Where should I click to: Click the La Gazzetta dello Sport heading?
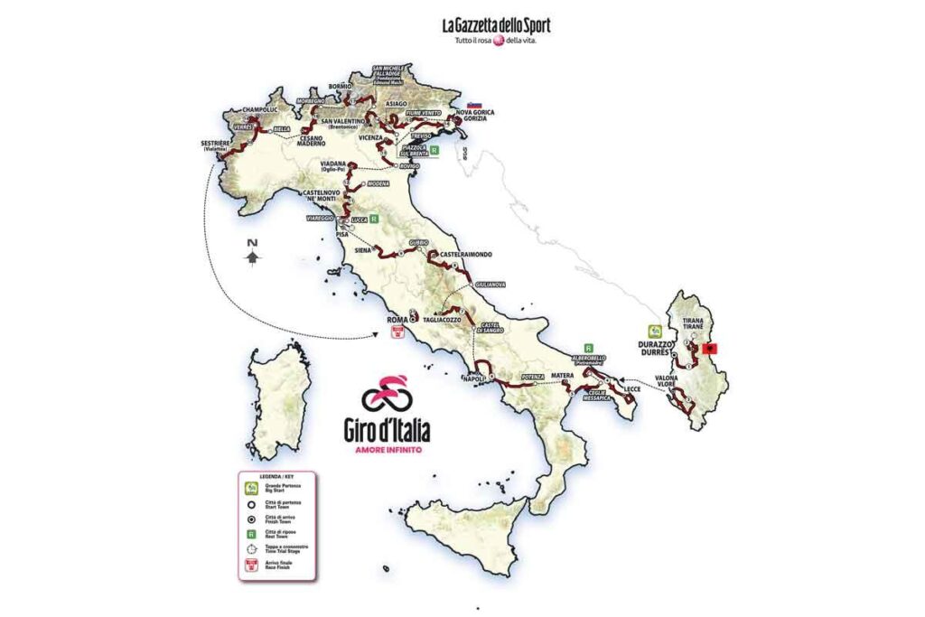[x=495, y=25]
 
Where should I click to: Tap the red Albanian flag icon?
[x=719, y=348]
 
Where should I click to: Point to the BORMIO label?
[x=339, y=87]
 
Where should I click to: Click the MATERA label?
[x=565, y=371]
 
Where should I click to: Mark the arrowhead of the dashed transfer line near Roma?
[x=376, y=338]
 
